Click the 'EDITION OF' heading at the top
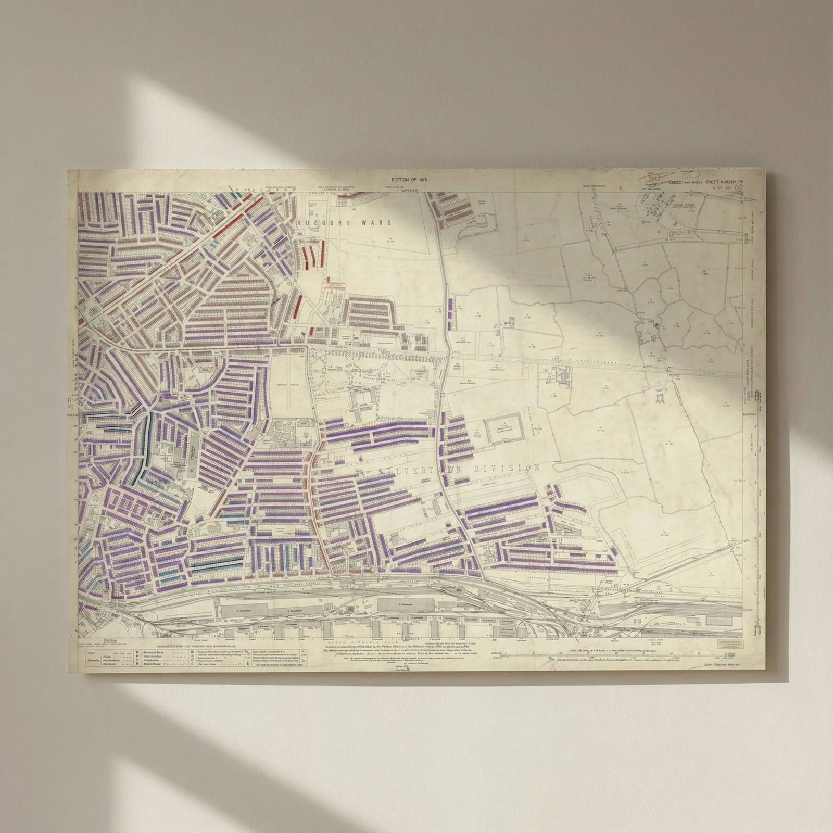click(x=409, y=180)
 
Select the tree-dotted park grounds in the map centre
click(x=354, y=367)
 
